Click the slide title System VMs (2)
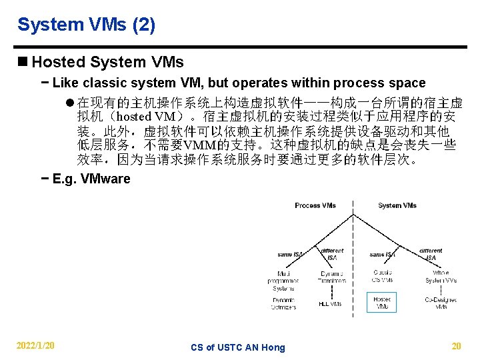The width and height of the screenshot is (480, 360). click(86, 25)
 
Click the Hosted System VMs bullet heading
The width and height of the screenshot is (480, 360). click(107, 63)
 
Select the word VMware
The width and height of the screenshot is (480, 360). click(105, 179)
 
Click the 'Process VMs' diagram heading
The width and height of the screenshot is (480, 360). click(315, 205)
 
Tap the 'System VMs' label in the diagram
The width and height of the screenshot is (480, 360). click(397, 205)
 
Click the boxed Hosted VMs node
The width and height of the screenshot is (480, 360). click(382, 303)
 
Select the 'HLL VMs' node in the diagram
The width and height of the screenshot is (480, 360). click(331, 303)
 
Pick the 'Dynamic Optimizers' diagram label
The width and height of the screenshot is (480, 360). click(283, 303)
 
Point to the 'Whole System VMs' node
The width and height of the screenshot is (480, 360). click(441, 277)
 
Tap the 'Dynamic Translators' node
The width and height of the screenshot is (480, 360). click(332, 277)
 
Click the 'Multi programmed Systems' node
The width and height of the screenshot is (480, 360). click(283, 280)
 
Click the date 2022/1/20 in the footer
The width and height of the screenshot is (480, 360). click(36, 346)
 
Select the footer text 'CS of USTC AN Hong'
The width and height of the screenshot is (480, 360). click(237, 347)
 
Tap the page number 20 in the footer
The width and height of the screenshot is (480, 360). click(456, 346)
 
